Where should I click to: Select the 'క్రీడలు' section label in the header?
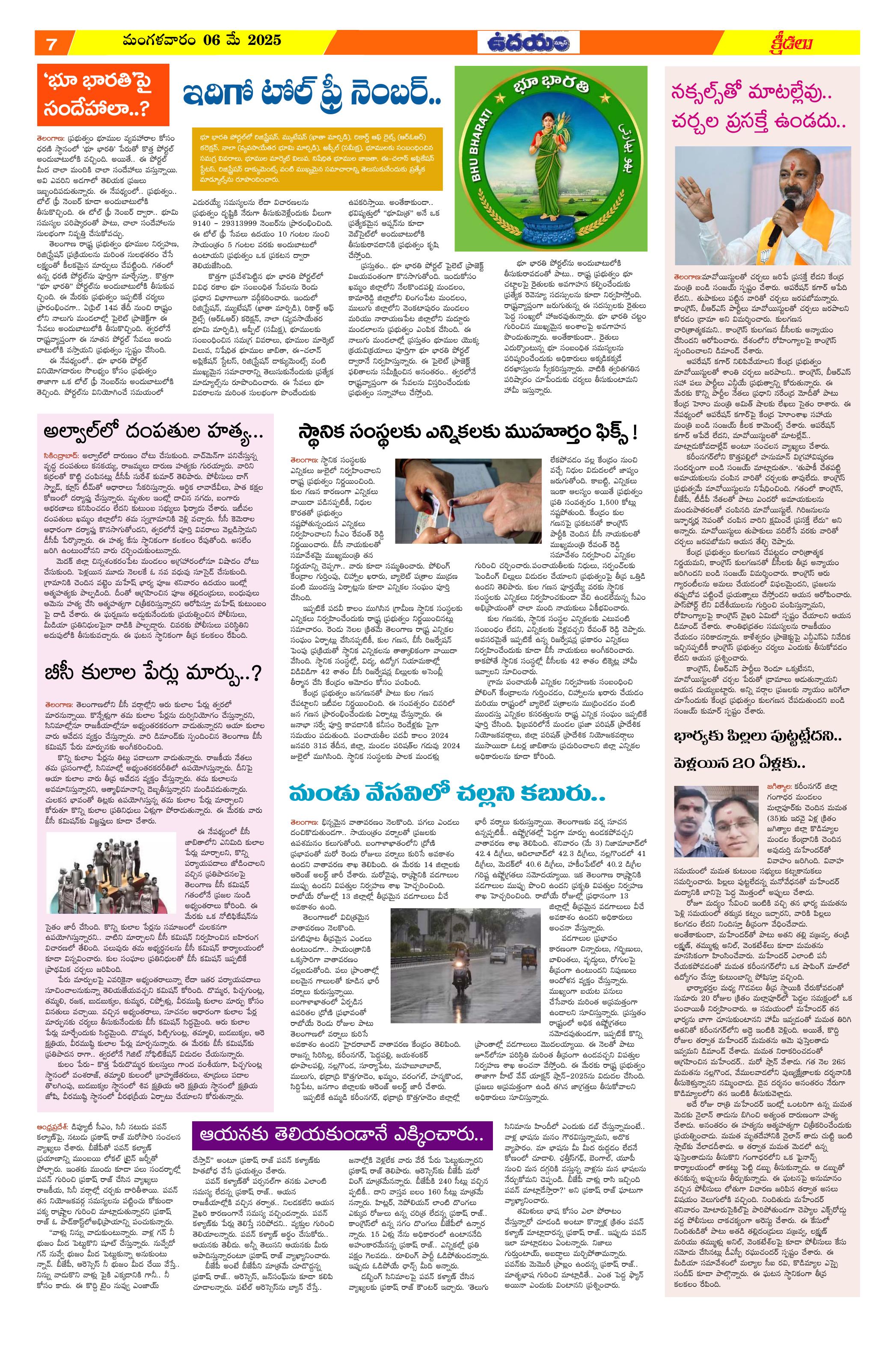792,43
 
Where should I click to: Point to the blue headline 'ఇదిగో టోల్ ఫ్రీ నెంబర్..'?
312,97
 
